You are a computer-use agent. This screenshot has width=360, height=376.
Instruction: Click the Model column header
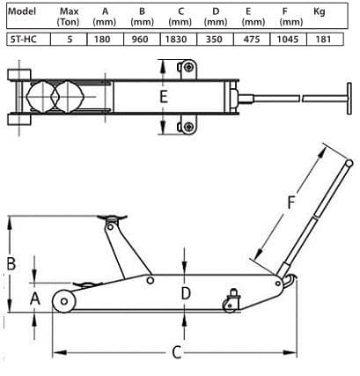[x=19, y=11]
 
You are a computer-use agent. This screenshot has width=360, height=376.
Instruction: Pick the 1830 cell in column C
[x=179, y=40]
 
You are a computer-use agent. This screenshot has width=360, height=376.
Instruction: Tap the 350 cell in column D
[x=215, y=40]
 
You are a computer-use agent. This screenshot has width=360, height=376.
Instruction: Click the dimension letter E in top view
[x=163, y=97]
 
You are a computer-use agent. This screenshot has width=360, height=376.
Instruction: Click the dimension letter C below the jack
[x=176, y=352]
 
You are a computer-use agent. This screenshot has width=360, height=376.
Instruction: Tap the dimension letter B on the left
[x=11, y=262]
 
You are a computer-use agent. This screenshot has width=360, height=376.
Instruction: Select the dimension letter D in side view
[x=186, y=293]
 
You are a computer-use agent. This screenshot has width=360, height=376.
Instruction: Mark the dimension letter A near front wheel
[x=35, y=299]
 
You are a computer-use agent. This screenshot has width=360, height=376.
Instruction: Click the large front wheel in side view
[x=64, y=301]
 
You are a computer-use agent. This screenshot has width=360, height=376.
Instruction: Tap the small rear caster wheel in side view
[x=231, y=306]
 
